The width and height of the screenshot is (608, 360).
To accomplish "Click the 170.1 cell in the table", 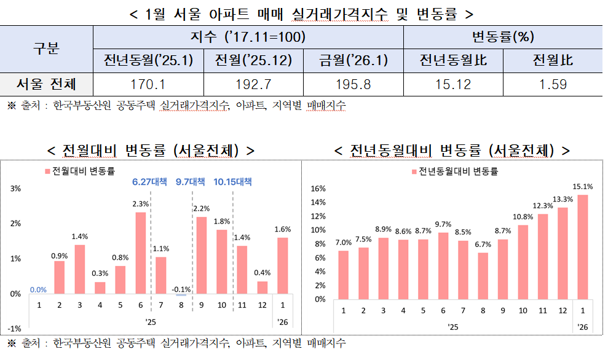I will [148, 85].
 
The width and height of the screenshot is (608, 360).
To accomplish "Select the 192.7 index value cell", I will [249, 85].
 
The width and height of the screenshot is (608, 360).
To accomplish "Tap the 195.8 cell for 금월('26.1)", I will [353, 85].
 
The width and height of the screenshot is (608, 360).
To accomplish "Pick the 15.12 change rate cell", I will [453, 85].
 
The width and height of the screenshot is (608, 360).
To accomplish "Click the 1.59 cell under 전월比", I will [553, 85].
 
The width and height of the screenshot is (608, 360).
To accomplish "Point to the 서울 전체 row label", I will [47, 85].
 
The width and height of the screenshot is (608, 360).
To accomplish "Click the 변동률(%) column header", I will [502, 37].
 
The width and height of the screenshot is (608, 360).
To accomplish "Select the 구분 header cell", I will [47, 49].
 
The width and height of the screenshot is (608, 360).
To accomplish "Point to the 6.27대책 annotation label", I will [149, 182].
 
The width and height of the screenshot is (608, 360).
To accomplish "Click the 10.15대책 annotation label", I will [232, 182].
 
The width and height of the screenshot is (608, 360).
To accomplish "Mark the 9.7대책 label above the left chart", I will [190, 182].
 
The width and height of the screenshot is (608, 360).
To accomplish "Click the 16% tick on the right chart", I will [317, 189].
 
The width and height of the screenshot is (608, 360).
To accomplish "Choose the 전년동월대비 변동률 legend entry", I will [454, 171].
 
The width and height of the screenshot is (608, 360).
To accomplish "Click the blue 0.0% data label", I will [38, 289].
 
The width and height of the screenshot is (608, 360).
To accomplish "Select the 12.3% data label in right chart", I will [543, 206].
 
